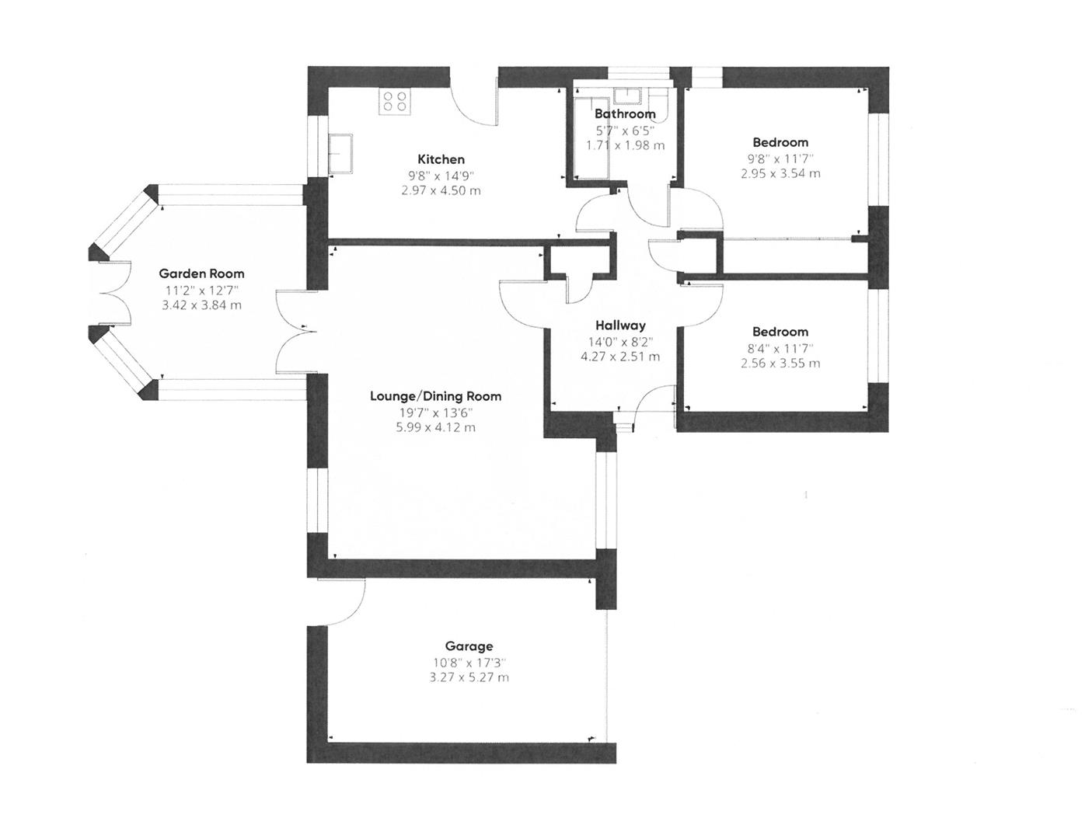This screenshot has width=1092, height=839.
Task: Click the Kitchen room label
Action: pos(441,159)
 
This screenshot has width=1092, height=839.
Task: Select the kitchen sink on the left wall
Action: pos(340,153)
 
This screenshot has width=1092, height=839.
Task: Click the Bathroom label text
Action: pos(625,114)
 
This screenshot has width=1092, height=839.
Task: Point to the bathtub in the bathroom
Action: pos(591,136)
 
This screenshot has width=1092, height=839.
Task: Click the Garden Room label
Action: pos(201,273)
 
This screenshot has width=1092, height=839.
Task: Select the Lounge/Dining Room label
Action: pos(435,396)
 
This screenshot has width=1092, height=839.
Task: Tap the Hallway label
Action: pos(620,326)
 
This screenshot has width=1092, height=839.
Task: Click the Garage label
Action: pos(469,646)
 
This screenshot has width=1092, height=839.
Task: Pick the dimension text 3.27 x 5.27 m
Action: pos(469,677)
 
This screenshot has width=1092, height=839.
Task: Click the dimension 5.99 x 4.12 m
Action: pos(435,427)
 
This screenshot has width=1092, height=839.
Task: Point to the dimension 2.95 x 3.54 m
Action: pos(780,173)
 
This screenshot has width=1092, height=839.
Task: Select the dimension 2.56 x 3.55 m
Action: pos(780,363)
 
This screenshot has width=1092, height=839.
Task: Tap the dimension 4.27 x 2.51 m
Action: pos(620,357)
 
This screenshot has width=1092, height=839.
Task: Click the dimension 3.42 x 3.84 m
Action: pos(201,305)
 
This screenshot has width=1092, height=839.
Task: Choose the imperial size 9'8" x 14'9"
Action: pos(441,176)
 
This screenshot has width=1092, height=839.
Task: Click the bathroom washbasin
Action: pos(624,96)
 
